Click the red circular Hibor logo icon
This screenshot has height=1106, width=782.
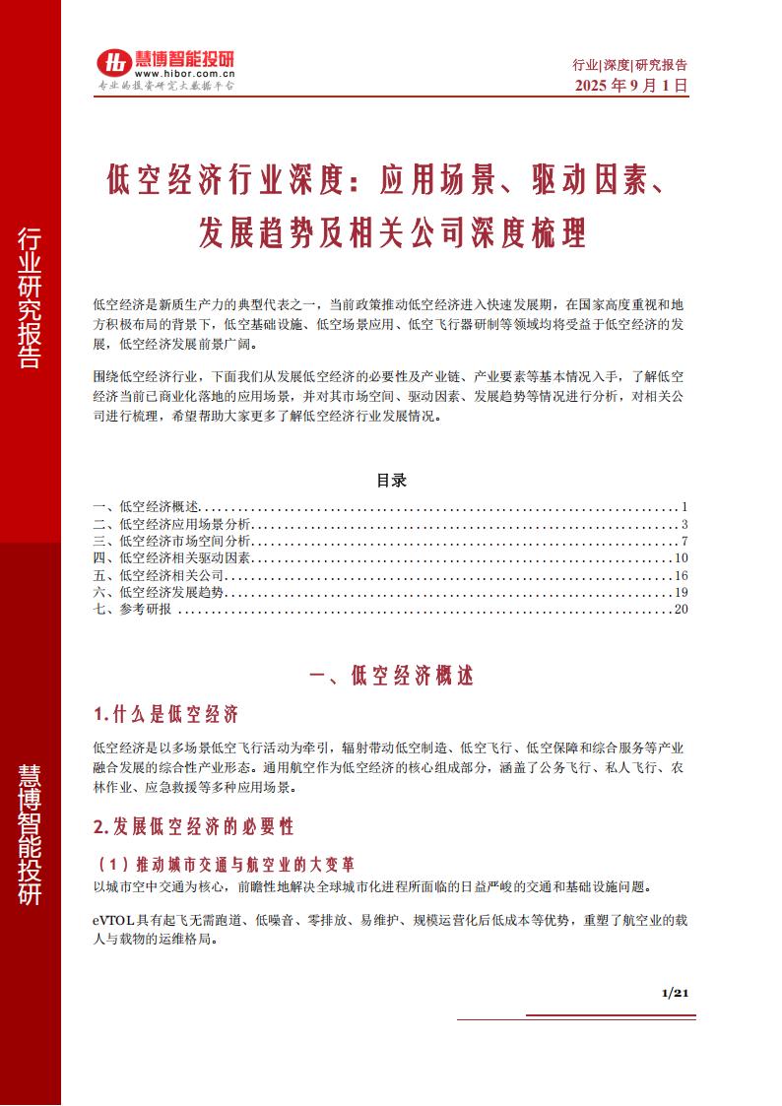113,62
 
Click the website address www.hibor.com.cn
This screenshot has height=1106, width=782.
184,73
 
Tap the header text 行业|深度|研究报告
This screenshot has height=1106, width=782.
629,65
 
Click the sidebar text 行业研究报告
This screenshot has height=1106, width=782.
30,296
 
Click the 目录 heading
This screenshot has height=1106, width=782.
391,482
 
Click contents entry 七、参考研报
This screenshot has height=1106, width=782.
132,609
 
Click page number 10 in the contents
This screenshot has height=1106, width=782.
680,557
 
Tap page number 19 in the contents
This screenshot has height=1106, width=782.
680,592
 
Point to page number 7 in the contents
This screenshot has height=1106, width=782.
683,541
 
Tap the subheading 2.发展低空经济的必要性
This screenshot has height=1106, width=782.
193,824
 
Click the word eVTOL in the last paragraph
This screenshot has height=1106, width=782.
110,920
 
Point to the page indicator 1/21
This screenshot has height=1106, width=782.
674,993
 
